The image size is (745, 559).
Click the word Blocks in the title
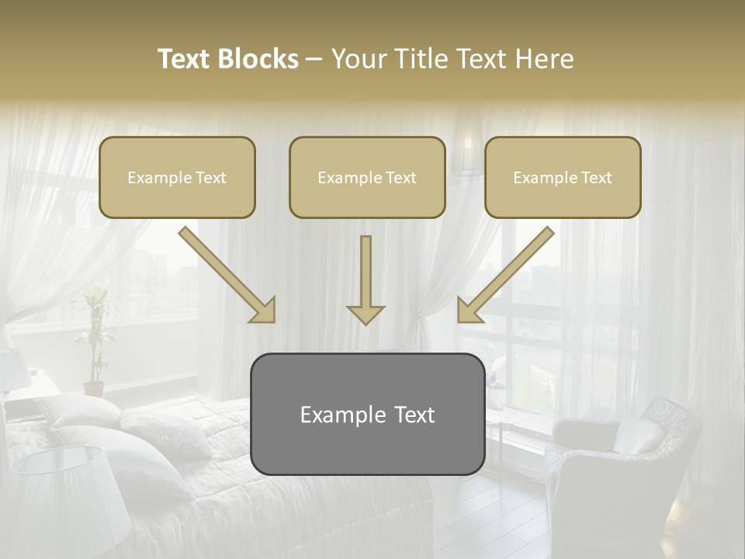pyautogui.click(x=258, y=59)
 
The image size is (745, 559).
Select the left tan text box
pyautogui.click(x=177, y=177)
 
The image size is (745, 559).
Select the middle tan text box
pyautogui.click(x=367, y=177)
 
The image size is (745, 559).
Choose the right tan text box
pyautogui.click(x=563, y=177)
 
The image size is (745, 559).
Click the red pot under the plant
pyautogui.click(x=94, y=388)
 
